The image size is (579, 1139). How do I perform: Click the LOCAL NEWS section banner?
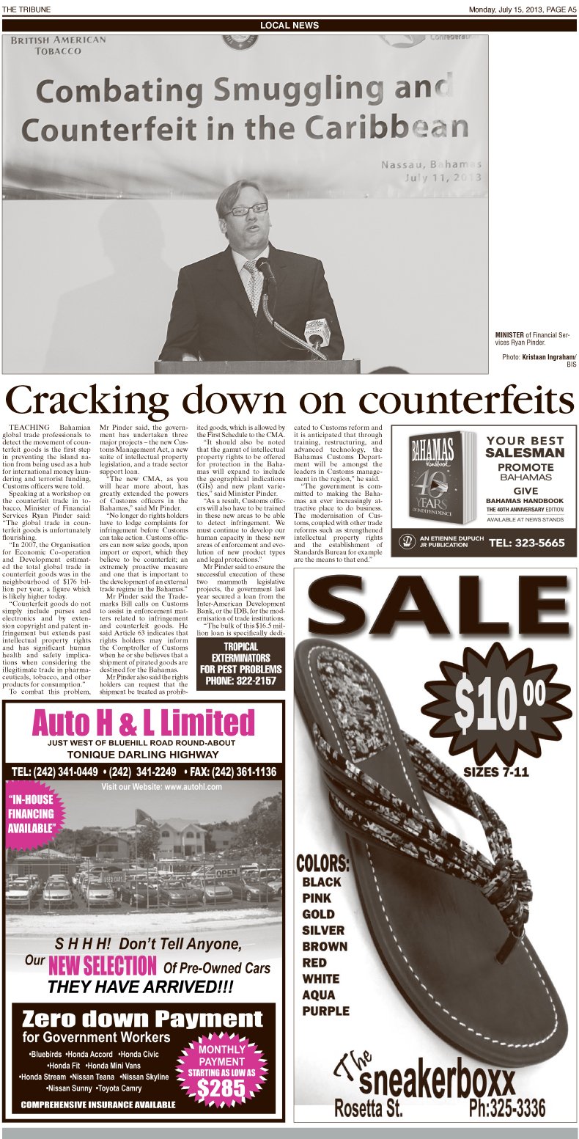point(289,26)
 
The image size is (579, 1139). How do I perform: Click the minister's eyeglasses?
point(246,210)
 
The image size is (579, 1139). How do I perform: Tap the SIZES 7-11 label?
point(495,772)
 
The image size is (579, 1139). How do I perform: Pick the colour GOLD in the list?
point(318,914)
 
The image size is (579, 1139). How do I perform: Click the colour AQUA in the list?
point(319,995)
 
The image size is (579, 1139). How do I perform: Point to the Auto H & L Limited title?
point(144,723)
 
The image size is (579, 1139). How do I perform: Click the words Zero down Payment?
point(142,1019)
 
